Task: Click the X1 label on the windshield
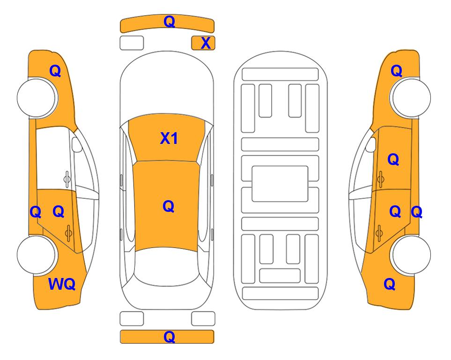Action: tap(169, 138)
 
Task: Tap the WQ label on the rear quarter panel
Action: tap(62, 284)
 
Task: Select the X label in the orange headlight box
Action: tap(206, 43)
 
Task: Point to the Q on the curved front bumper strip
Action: tap(169, 22)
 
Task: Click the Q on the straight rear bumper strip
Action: tap(169, 337)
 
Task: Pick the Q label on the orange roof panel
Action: tap(169, 206)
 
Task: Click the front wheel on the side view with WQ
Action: tap(36, 98)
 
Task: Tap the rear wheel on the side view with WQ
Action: tap(36, 255)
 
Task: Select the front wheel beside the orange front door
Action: tap(411, 98)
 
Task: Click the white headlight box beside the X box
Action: tap(132, 43)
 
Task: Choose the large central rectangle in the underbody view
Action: tap(280, 184)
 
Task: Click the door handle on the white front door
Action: tap(67, 179)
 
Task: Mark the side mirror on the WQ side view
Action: tap(77, 144)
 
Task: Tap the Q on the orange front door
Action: tap(393, 159)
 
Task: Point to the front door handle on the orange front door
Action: tap(381, 179)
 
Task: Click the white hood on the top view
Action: tap(167, 86)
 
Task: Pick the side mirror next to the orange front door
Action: tap(371, 144)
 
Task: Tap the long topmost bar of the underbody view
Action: tap(280, 75)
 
